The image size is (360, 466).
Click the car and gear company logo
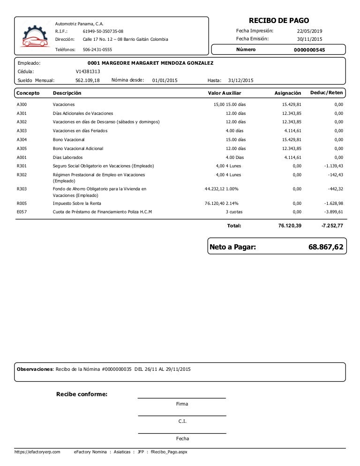click(x=35, y=37)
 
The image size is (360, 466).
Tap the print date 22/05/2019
click(x=310, y=31)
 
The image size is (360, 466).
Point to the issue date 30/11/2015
click(x=310, y=39)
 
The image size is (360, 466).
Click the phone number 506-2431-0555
click(x=97, y=49)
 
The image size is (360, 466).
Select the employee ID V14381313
click(x=88, y=71)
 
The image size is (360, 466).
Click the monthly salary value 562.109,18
click(x=88, y=80)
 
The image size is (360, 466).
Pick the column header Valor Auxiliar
click(x=225, y=93)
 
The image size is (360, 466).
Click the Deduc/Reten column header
click(x=326, y=93)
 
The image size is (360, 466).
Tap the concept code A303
click(x=22, y=131)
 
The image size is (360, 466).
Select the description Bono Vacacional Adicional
click(x=78, y=148)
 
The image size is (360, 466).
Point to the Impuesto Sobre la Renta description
click(x=77, y=203)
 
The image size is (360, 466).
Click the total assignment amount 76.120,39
click(x=290, y=225)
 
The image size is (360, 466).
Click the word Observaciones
click(x=35, y=369)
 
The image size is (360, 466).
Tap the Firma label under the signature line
click(x=182, y=404)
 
